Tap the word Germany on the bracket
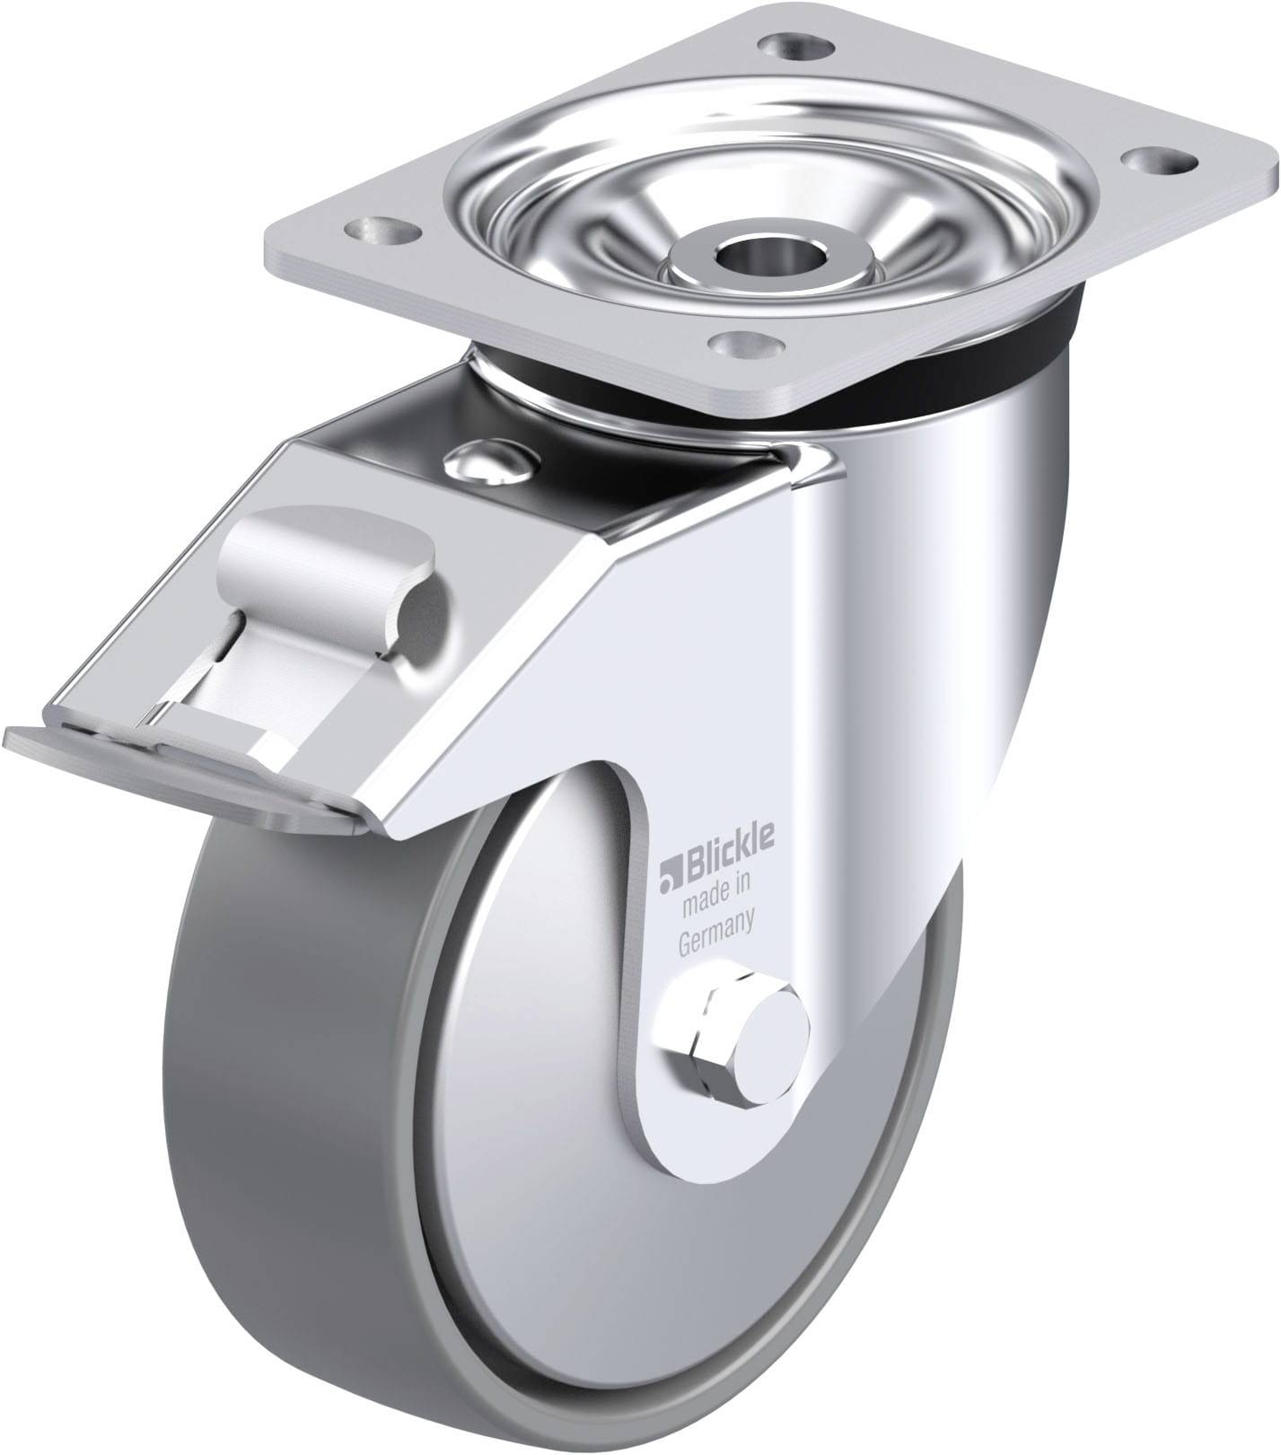pyautogui.click(x=715, y=943)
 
